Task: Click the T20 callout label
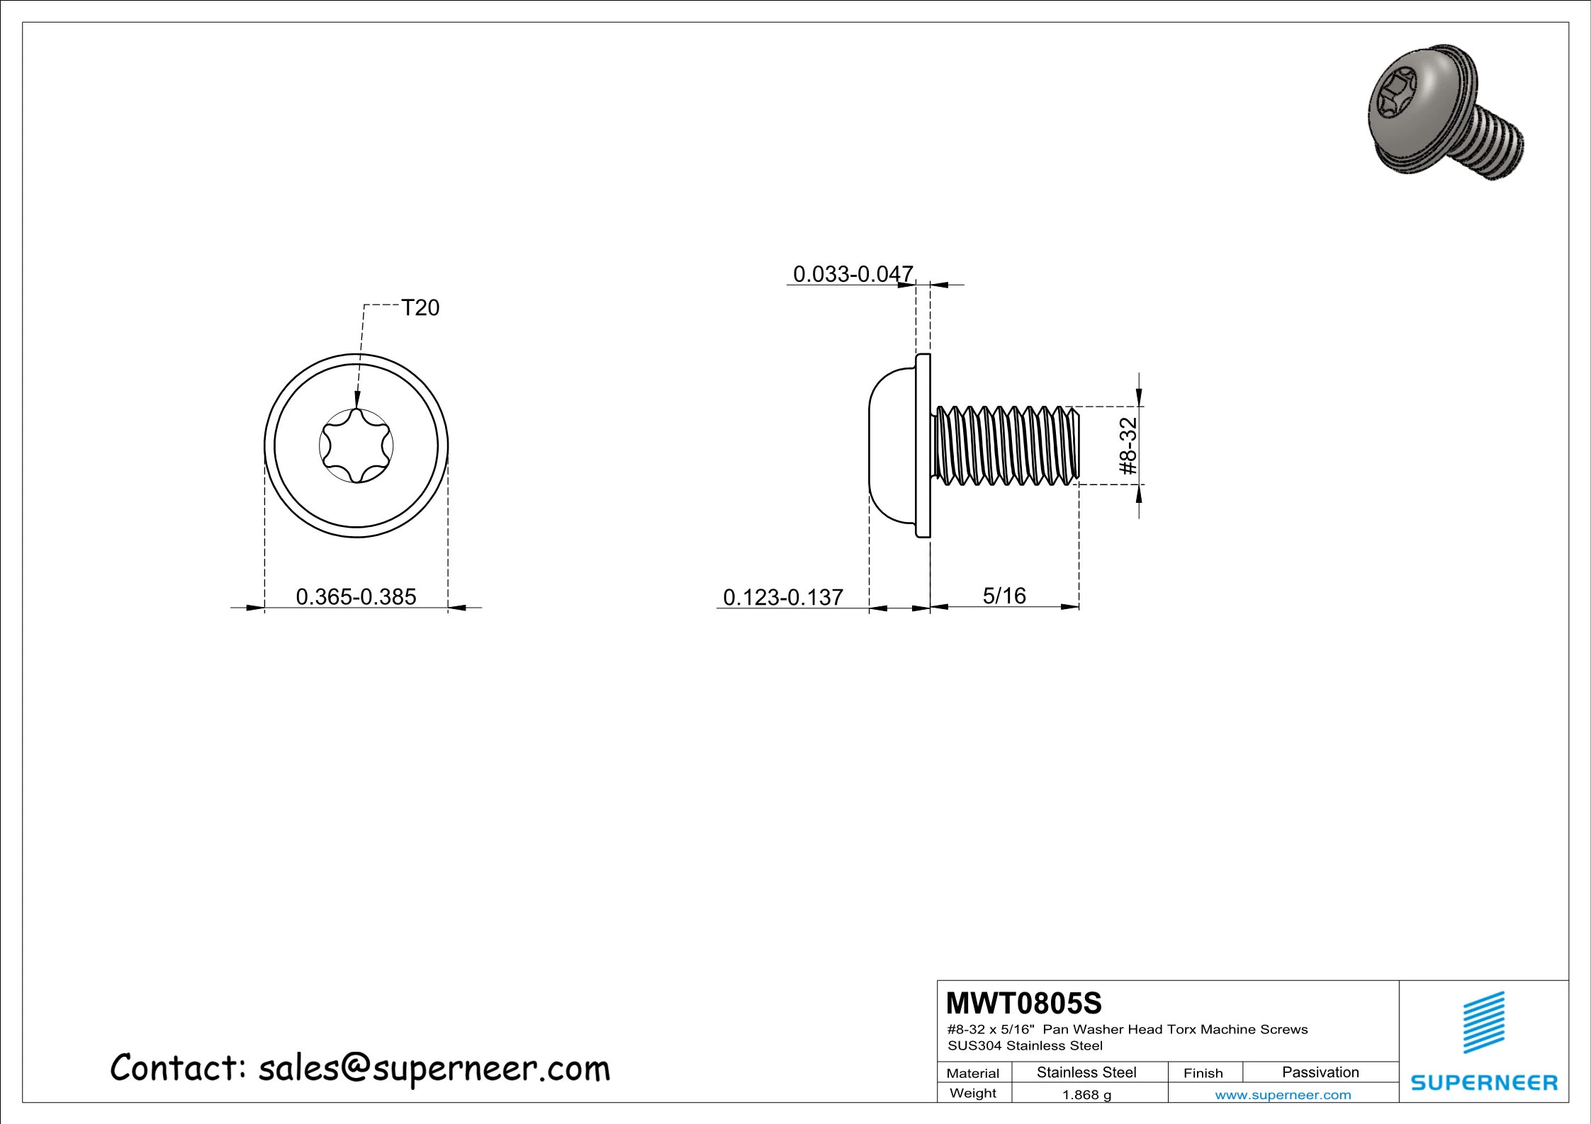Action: tap(420, 307)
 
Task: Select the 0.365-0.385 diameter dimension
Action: tap(356, 596)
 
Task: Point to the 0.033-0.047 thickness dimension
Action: tap(853, 274)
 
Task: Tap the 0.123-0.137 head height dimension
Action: tap(783, 597)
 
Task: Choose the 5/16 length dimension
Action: tap(1004, 596)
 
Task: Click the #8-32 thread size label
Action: tap(1128, 445)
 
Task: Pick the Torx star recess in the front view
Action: tap(356, 446)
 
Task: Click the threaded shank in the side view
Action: tap(1005, 445)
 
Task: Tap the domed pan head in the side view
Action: tap(892, 446)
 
